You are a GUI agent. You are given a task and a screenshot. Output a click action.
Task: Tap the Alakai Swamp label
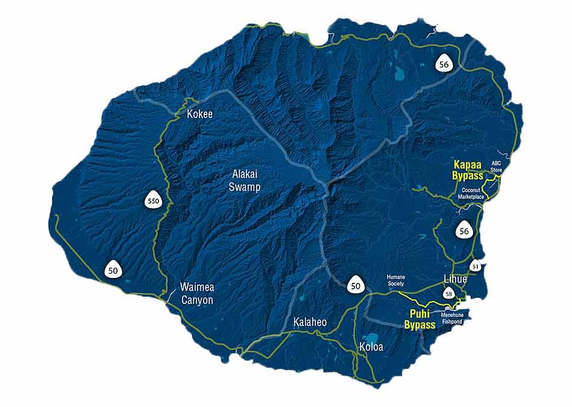click(x=245, y=180)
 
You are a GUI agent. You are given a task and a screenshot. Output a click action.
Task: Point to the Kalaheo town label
click(x=310, y=323)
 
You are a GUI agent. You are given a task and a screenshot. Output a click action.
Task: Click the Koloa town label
click(x=371, y=347)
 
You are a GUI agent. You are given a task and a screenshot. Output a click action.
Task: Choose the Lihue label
click(x=454, y=279)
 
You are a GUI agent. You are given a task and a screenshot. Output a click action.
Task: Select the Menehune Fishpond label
click(x=451, y=318)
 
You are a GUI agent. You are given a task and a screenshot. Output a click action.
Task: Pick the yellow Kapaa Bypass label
click(x=468, y=169)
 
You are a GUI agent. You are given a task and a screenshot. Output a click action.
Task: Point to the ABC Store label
click(x=496, y=166)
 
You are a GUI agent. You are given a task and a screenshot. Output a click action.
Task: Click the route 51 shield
click(x=476, y=267)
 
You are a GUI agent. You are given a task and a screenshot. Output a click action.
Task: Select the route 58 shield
click(x=448, y=294)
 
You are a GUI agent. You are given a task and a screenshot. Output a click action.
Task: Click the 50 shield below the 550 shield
click(x=113, y=270)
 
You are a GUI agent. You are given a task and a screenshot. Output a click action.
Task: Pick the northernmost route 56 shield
click(x=444, y=65)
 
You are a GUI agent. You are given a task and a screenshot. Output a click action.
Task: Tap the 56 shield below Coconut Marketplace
click(x=464, y=230)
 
